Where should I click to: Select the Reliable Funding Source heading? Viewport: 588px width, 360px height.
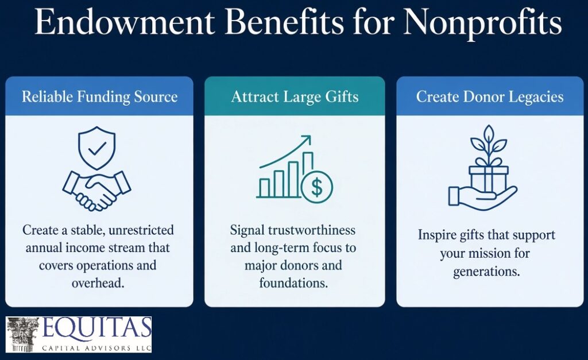(x=99, y=97)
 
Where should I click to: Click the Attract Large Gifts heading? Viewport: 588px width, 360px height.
(x=295, y=97)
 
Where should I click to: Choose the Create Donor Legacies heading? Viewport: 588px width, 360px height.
(x=490, y=97)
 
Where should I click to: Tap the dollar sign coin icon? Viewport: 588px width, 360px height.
(x=317, y=187)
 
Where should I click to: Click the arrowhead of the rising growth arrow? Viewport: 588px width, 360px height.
(x=307, y=140)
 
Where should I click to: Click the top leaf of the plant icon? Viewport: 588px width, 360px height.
(x=489, y=133)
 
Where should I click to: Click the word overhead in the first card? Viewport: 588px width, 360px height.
(x=98, y=283)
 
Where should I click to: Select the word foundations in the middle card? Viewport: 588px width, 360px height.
(x=293, y=283)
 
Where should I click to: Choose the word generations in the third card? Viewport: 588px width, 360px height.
(x=486, y=272)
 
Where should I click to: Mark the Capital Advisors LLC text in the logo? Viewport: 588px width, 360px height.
(x=96, y=348)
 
